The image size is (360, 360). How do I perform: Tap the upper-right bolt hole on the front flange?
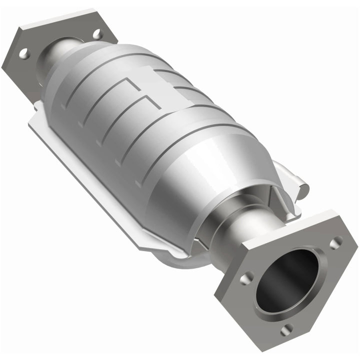click(336, 242)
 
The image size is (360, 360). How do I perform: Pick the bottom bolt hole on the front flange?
click(285, 329)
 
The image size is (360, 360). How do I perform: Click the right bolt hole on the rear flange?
click(96, 34)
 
